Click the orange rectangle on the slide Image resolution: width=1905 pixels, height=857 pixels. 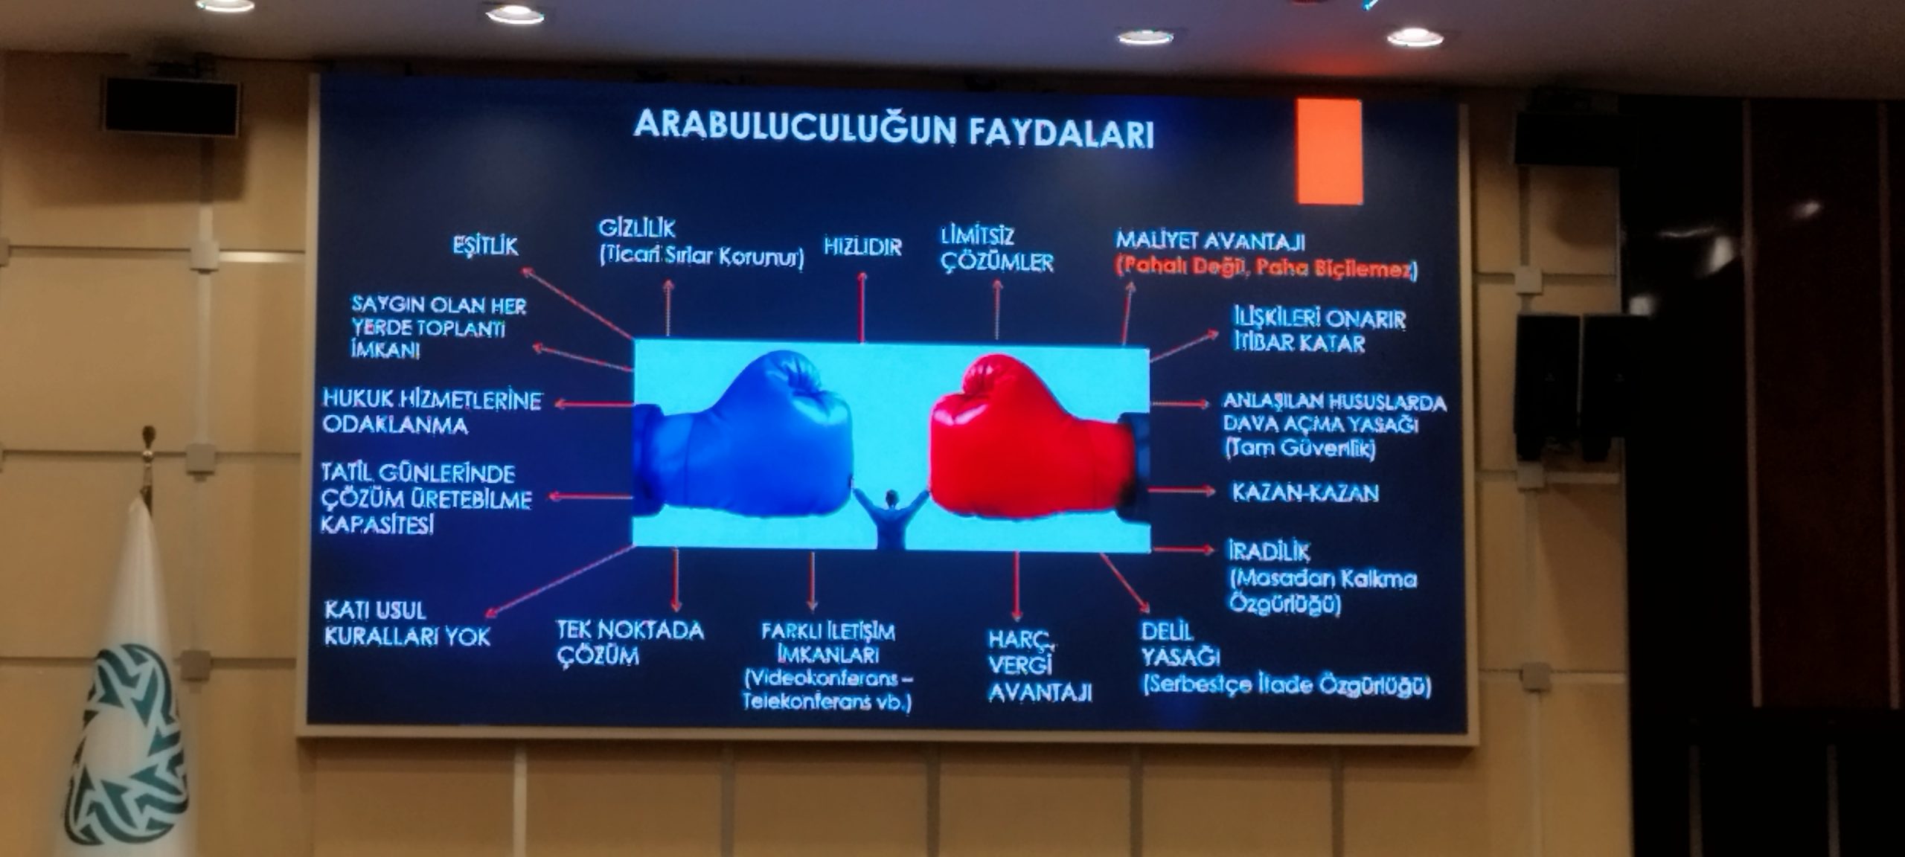coord(1329,152)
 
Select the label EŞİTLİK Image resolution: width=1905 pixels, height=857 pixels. coord(485,246)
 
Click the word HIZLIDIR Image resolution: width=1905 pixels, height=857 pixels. coord(862,247)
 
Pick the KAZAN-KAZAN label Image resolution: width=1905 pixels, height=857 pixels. coord(1305,492)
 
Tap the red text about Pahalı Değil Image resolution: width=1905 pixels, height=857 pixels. coord(1267,268)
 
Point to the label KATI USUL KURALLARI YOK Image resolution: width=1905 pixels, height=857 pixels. coord(407,623)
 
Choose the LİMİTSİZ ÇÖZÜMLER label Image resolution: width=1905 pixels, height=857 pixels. coord(997,249)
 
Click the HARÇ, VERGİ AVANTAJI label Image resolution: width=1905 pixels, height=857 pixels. coord(1040,667)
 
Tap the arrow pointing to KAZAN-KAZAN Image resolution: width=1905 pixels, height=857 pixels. coord(1182,491)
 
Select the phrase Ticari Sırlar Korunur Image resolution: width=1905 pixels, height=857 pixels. coord(702,257)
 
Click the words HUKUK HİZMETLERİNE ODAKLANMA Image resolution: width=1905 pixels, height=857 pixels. coord(432,412)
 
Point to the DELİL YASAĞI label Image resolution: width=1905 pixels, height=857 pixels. coord(1181,644)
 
